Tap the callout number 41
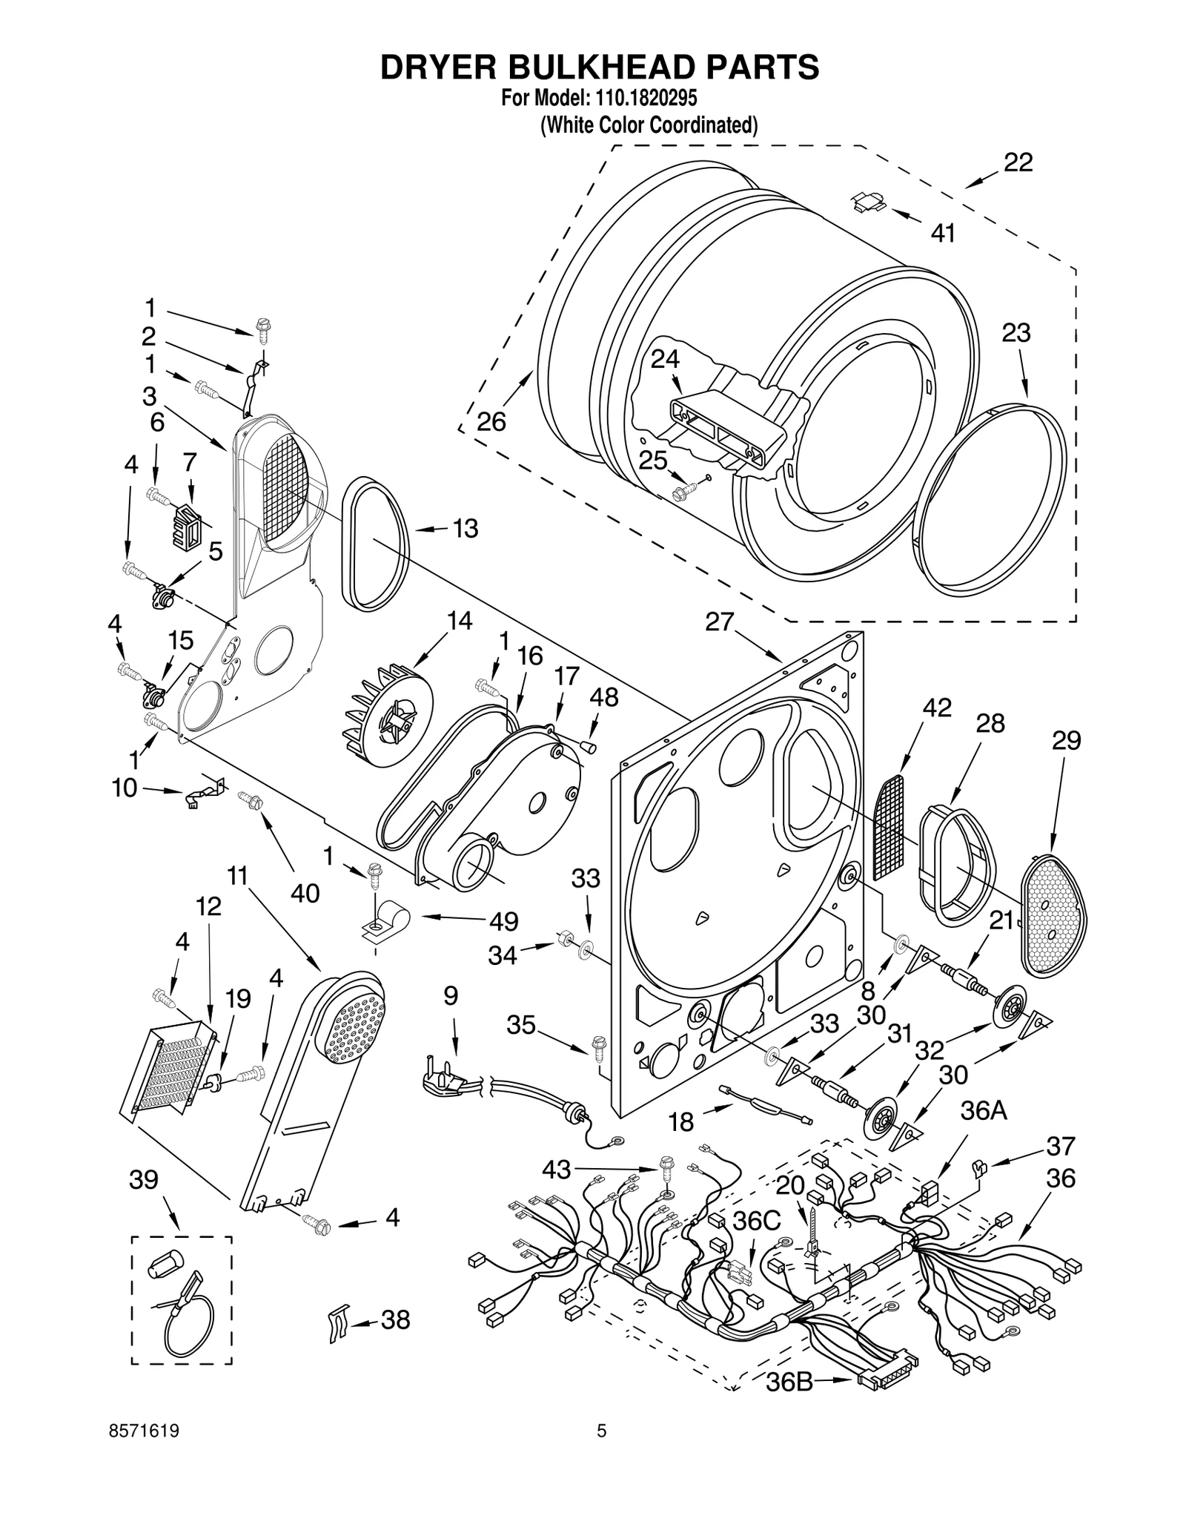coord(943,233)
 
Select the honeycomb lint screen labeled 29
coord(1052,914)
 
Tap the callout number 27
coord(719,621)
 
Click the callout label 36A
coord(984,1111)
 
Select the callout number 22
coord(1018,162)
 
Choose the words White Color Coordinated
coord(649,125)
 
